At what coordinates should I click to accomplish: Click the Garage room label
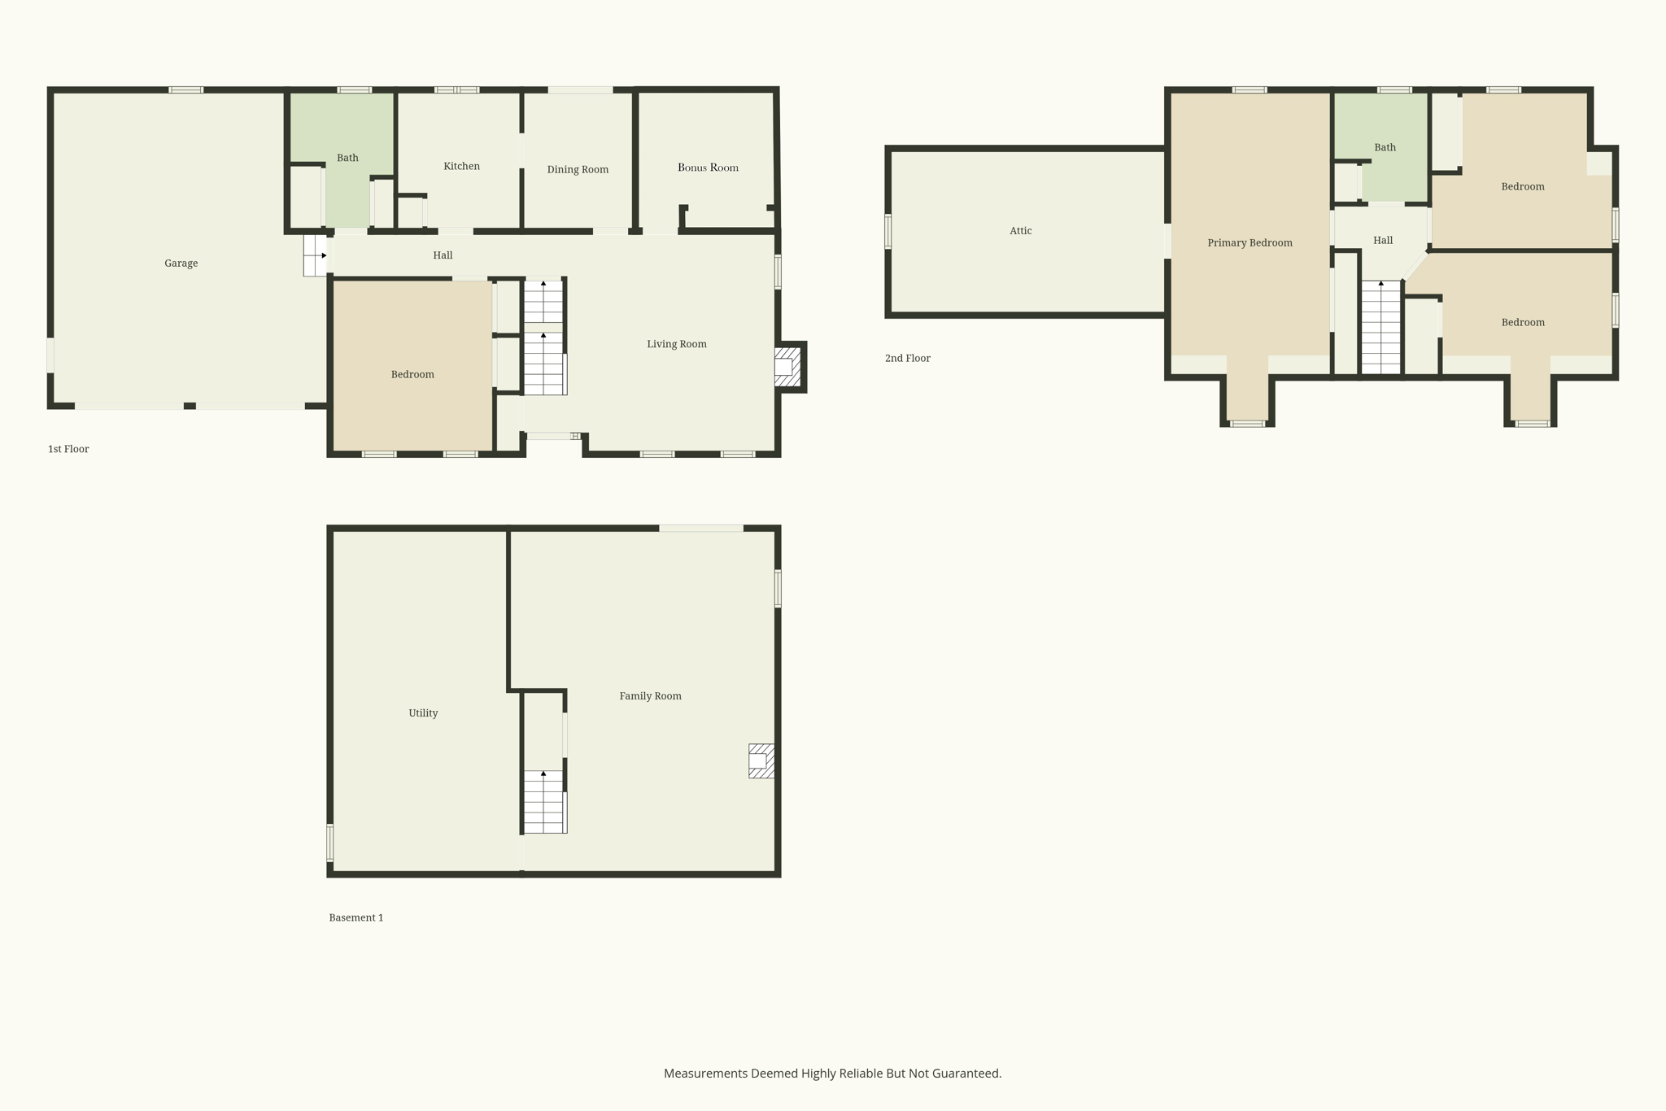[x=181, y=264]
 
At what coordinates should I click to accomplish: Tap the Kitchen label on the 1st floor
[x=461, y=166]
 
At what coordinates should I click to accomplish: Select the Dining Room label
[x=578, y=170]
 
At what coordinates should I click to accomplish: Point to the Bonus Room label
[x=708, y=168]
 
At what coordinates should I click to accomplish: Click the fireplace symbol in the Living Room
[x=787, y=367]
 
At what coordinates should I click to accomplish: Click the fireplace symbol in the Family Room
[x=761, y=761]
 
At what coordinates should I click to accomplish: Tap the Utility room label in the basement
[x=423, y=713]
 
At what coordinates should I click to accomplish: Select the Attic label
[x=1020, y=231]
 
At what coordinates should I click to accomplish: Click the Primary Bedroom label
[x=1249, y=243]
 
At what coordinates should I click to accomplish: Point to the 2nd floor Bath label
[x=1385, y=148]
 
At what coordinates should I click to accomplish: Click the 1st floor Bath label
[x=347, y=158]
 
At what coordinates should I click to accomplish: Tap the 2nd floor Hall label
[x=1383, y=241]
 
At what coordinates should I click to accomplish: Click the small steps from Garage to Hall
[x=315, y=255]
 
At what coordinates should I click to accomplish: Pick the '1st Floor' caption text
[x=68, y=449]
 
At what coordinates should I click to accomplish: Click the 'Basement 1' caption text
[x=355, y=917]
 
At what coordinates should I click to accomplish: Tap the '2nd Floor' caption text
[x=907, y=359]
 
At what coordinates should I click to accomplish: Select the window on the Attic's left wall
[x=888, y=231]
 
